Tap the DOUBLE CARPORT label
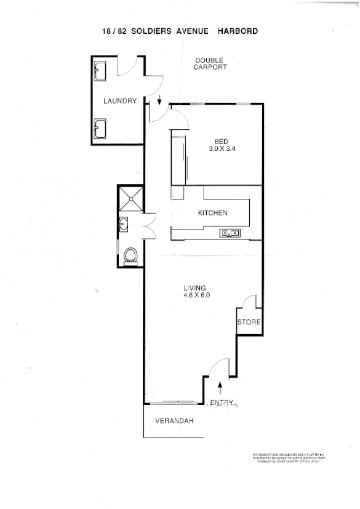point(210,63)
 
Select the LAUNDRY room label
point(119,101)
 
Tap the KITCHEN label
point(213,214)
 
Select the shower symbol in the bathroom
point(129,198)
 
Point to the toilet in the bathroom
point(130,255)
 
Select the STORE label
point(249,323)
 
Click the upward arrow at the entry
point(220,387)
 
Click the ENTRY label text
point(223,403)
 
